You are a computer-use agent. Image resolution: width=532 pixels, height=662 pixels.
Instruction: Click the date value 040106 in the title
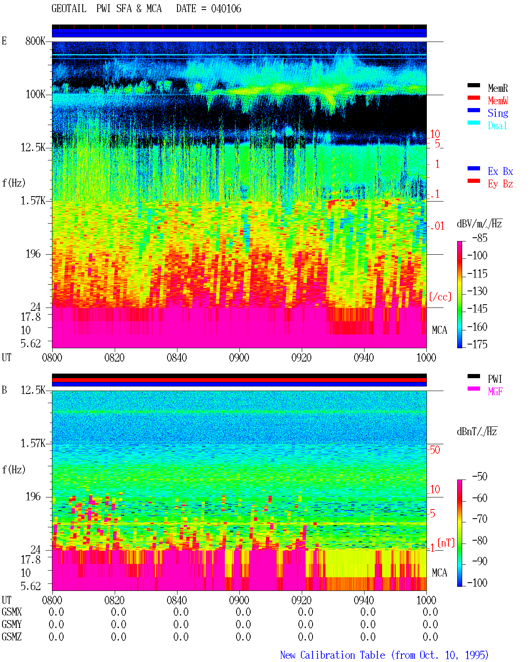pyautogui.click(x=226, y=9)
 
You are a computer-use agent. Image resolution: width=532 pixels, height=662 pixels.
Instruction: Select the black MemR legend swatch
pyautogui.click(x=473, y=85)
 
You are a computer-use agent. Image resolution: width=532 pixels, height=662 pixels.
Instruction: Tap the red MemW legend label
pyautogui.click(x=498, y=101)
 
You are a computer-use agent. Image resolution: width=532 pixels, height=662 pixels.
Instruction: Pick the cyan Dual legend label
pyautogui.click(x=497, y=126)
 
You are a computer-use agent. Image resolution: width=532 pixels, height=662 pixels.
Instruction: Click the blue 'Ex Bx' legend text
pyautogui.click(x=500, y=171)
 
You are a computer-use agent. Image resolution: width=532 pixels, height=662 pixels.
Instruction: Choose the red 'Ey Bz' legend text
pyautogui.click(x=500, y=184)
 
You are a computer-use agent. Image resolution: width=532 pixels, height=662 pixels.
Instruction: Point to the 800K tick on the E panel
pyautogui.click(x=35, y=41)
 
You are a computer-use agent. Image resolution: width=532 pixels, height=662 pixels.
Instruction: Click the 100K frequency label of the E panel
pyautogui.click(x=35, y=94)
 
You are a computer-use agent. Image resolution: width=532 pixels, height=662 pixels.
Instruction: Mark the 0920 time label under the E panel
pyautogui.click(x=301, y=357)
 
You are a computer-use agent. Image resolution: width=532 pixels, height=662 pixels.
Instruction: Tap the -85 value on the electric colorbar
pyautogui.click(x=480, y=238)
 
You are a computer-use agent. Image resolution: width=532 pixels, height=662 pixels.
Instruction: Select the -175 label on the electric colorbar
pyautogui.click(x=477, y=344)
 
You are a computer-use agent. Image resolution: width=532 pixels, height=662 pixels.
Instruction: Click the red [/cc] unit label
pyautogui.click(x=440, y=297)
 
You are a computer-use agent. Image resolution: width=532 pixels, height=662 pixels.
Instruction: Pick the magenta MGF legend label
pyautogui.click(x=495, y=391)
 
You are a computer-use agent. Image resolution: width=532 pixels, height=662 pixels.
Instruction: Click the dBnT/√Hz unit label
pyautogui.click(x=477, y=431)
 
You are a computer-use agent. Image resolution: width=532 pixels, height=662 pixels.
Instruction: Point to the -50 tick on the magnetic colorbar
pyautogui.click(x=480, y=477)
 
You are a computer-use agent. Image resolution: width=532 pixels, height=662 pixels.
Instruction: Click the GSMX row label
pyautogui.click(x=12, y=612)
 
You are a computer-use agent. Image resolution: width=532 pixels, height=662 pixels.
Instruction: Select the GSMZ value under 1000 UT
pyautogui.click(x=430, y=637)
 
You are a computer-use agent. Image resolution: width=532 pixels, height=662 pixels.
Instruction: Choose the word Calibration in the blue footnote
pyautogui.click(x=342, y=655)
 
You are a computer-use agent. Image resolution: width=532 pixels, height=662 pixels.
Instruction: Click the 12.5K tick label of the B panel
pyautogui.click(x=33, y=390)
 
